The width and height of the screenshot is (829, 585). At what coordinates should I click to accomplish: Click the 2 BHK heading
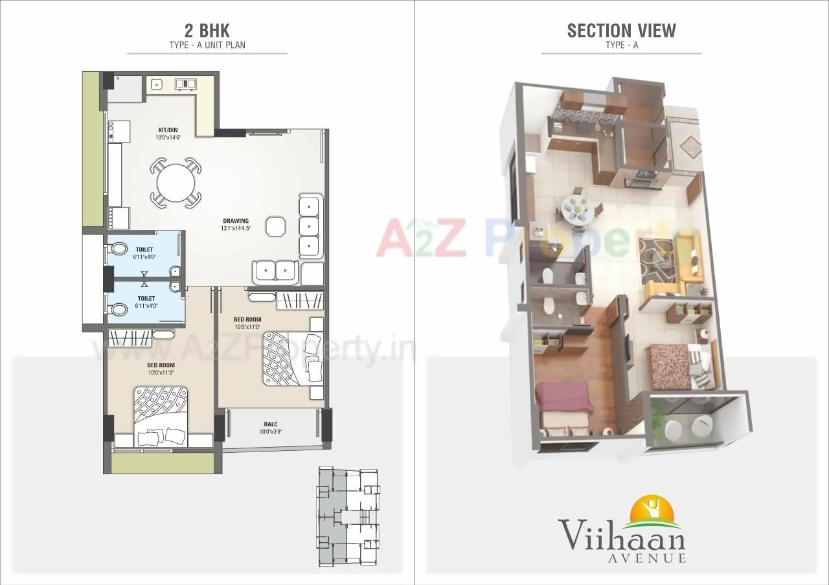tap(207, 30)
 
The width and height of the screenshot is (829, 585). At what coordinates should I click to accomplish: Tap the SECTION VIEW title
tap(621, 30)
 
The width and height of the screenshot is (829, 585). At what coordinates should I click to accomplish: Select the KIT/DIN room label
tap(168, 130)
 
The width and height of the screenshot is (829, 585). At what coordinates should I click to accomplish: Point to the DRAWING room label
tap(235, 221)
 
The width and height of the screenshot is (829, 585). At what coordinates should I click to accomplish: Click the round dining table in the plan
tap(176, 183)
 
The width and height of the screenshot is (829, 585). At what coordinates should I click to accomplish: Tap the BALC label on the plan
tap(271, 424)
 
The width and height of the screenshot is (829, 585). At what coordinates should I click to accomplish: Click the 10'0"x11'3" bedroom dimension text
tap(161, 373)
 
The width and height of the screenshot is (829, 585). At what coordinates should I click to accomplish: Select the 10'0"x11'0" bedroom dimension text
tap(247, 327)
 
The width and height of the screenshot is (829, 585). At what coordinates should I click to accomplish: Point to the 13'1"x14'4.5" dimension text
tap(235, 228)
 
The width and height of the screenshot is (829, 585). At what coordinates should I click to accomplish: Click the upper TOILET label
tap(144, 249)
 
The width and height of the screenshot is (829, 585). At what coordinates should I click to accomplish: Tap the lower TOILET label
tap(145, 298)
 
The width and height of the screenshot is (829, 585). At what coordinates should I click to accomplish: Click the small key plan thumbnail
tap(348, 516)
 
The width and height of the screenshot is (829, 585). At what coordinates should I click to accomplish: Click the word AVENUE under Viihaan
tap(645, 558)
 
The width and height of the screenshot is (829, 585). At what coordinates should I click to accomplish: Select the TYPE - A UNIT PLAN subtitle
tap(207, 45)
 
